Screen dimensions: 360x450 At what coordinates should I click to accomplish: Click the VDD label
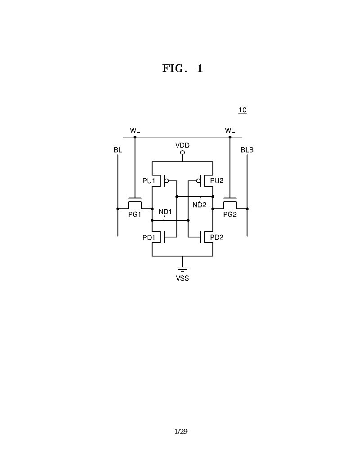click(x=182, y=145)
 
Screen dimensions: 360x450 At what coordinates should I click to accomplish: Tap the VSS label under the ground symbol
click(x=182, y=278)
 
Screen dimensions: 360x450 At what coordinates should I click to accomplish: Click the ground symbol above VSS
click(x=182, y=269)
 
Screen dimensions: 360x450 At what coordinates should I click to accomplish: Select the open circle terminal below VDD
click(x=182, y=153)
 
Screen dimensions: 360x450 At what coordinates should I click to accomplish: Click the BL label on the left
click(x=118, y=150)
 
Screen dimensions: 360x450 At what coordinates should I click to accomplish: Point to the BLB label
click(x=247, y=150)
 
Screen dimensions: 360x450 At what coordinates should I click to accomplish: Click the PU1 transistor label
click(x=148, y=181)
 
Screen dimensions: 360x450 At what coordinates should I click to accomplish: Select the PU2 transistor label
click(x=217, y=180)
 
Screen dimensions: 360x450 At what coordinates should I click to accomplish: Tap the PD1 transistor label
click(x=148, y=237)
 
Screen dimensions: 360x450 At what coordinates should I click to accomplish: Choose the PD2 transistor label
click(x=217, y=237)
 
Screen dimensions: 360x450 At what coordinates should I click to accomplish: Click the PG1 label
click(x=135, y=214)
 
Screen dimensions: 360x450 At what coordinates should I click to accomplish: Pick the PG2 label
click(x=230, y=214)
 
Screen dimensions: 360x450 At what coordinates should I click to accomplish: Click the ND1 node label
click(x=165, y=212)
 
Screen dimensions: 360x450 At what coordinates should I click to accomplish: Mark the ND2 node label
click(x=199, y=205)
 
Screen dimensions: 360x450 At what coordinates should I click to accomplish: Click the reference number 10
click(x=243, y=110)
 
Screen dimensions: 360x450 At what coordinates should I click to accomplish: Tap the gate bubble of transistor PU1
click(x=166, y=181)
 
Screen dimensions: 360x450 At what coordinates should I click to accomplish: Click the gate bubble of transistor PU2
click(x=198, y=181)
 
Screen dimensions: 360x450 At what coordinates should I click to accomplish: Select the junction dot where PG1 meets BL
click(x=118, y=209)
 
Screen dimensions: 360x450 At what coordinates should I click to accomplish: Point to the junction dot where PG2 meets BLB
click(x=247, y=209)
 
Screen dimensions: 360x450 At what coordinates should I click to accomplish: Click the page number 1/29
click(x=181, y=432)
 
